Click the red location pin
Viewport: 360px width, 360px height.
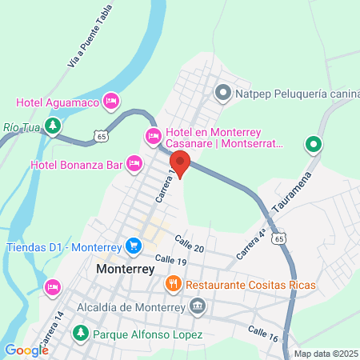click(x=180, y=162)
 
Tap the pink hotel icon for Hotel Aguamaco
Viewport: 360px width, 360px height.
click(x=111, y=100)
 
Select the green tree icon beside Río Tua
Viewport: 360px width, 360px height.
click(x=53, y=126)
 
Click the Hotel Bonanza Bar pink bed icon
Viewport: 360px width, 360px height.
click(x=134, y=164)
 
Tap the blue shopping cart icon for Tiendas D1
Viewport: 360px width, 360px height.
click(x=134, y=246)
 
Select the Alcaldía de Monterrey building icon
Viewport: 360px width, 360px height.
click(x=198, y=306)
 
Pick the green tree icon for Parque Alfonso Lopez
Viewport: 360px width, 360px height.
click(x=80, y=333)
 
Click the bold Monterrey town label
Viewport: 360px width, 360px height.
click(x=125, y=270)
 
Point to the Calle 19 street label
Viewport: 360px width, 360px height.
click(x=171, y=261)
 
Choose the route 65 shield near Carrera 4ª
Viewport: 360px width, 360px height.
click(x=278, y=238)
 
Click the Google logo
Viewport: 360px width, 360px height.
click(x=26, y=350)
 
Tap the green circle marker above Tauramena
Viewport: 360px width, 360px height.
click(x=314, y=146)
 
